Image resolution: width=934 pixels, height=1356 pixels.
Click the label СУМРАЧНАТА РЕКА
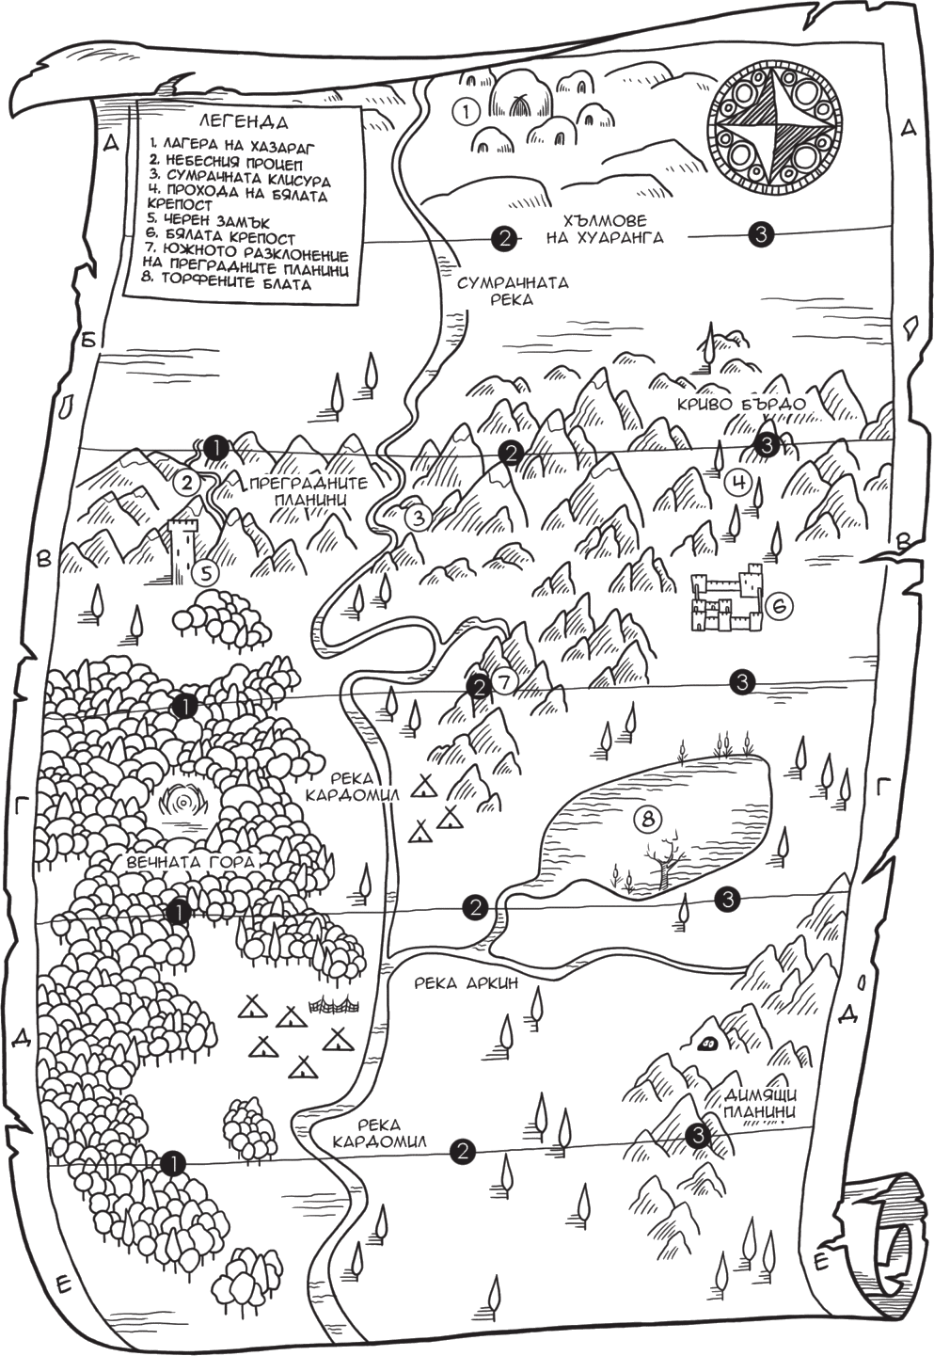pos(512,291)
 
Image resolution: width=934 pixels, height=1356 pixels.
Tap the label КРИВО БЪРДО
pos(741,404)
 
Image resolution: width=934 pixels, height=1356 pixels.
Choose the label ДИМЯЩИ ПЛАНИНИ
pos(760,1103)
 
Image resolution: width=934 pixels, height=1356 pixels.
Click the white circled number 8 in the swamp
pos(646,819)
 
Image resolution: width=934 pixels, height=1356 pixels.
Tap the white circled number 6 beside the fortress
pos(780,607)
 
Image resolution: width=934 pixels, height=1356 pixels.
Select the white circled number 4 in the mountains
pos(739,484)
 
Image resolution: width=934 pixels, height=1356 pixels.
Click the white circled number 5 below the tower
pos(205,571)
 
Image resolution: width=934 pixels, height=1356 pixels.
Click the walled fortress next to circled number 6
pos(725,602)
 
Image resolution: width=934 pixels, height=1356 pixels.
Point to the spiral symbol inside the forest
pos(185,803)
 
